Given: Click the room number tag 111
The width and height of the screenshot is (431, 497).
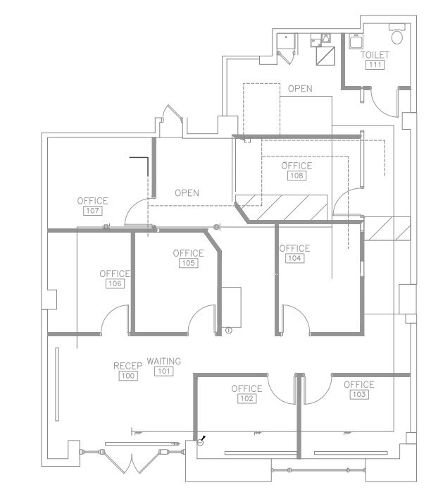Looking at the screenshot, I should point(374,65).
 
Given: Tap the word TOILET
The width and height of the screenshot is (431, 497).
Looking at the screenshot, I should point(375,55).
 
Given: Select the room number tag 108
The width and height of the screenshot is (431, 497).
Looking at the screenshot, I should point(296,176).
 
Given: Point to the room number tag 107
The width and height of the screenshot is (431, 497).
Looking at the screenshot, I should point(92,211).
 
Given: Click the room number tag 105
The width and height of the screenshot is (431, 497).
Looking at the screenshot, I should point(188,263).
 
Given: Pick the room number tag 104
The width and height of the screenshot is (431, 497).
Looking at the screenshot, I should point(294,259).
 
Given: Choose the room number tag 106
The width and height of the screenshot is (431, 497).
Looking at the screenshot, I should point(115,283).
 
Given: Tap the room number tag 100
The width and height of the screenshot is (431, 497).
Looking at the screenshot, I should point(127,376).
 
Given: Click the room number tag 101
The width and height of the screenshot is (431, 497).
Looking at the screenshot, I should point(164,371).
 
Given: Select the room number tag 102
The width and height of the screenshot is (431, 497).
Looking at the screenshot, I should point(246,398).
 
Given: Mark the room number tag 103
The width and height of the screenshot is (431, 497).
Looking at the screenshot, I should point(358,394).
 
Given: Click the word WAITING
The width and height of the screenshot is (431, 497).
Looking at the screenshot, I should point(164,361).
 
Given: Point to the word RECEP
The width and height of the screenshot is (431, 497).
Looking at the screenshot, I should point(127,366).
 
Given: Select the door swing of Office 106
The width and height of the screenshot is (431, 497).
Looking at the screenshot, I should point(114,321).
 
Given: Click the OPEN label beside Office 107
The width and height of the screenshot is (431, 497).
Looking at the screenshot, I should point(187,192).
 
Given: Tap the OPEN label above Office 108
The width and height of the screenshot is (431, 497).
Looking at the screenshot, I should point(300,90).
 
